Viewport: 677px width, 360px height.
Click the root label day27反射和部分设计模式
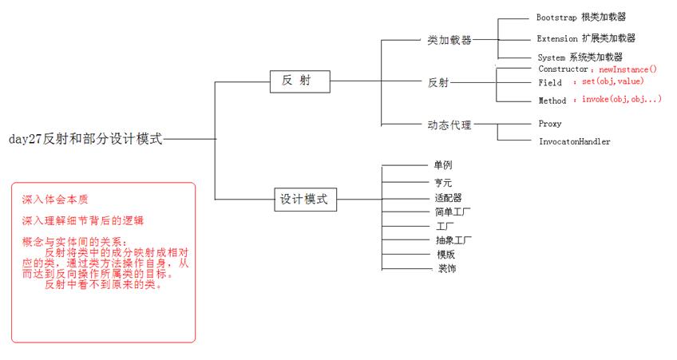click(85, 138)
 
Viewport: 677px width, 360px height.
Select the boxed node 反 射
click(299, 81)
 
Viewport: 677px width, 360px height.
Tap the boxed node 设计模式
click(303, 199)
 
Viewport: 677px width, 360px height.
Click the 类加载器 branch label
click(449, 39)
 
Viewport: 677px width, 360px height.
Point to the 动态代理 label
click(449, 124)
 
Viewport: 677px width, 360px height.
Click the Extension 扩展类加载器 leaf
click(587, 38)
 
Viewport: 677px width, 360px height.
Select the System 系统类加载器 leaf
click(580, 57)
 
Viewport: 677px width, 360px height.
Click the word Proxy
click(550, 124)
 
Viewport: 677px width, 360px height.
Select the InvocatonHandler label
click(575, 141)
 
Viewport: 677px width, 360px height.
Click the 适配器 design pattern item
click(448, 197)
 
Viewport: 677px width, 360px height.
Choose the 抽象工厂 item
click(453, 239)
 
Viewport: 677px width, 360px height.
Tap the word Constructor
click(564, 69)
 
